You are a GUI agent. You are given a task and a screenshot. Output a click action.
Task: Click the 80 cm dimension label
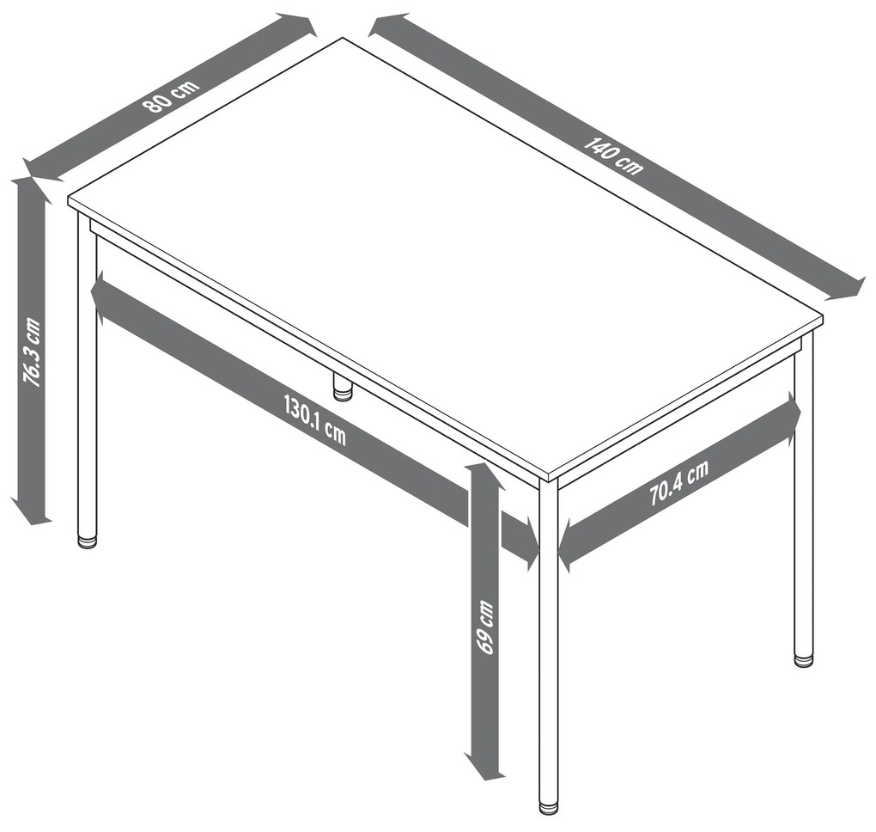pos(170,95)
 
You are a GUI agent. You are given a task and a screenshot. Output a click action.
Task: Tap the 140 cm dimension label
pos(613,156)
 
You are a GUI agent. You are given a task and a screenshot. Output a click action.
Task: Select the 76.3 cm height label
pos(31,352)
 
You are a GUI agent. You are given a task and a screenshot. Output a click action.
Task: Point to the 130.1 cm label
pos(315,420)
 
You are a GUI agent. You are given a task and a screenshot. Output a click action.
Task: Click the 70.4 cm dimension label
pos(678,482)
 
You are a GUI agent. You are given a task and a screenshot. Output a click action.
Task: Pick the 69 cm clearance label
pos(485,627)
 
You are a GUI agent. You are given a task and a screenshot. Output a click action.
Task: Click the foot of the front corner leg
pos(549,809)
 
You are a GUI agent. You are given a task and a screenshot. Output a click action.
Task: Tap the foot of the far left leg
pos(87,541)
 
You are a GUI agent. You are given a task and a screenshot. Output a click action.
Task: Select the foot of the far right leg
pos(803,660)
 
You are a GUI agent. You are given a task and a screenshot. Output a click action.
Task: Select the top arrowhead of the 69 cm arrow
pos(485,476)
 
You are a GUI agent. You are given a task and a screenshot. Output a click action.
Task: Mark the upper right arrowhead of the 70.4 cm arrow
pos(792,411)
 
